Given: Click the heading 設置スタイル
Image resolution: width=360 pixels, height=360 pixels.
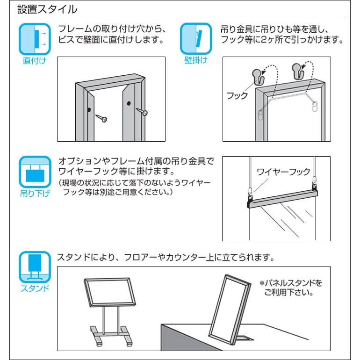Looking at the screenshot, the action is point(47,9).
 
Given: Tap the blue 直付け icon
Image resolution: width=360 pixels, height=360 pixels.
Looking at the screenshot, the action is point(35,39).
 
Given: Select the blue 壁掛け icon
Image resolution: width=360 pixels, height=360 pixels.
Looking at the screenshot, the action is point(196,38).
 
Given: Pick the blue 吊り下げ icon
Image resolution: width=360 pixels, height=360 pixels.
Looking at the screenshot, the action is point(35,172).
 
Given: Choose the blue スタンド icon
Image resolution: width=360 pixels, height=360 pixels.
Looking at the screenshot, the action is point(35,267).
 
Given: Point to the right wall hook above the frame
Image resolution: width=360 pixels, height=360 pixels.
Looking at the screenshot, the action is point(298,71).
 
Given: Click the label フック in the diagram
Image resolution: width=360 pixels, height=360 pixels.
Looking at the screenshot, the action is point(237,95).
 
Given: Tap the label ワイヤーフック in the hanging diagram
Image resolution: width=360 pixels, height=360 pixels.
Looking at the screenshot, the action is point(283,172).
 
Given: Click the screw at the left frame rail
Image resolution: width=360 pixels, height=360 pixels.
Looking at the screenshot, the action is point(101,117).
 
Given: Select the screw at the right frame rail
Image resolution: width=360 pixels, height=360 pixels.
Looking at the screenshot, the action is point(142,112).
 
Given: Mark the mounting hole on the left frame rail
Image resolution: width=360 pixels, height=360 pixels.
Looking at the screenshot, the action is point(89,110).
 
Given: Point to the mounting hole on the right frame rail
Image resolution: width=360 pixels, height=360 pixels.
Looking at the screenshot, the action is point(129,103).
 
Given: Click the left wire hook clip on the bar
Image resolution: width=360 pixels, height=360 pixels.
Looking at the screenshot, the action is point(250,194).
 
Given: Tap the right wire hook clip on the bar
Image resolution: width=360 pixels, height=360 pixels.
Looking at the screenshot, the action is point(315,185).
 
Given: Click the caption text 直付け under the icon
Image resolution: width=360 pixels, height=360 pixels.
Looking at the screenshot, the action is point(35,61).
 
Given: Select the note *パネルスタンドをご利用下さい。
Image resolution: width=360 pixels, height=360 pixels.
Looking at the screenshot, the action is point(291,288).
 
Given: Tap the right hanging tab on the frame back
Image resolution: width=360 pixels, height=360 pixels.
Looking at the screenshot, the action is point(315,107).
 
